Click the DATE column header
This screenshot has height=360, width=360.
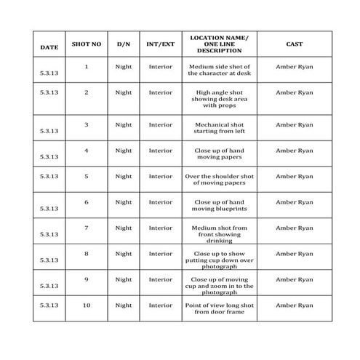click(x=49, y=48)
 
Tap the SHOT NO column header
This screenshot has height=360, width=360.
click(x=87, y=44)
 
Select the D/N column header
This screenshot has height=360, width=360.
click(x=124, y=44)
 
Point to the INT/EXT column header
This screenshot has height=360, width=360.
click(x=161, y=44)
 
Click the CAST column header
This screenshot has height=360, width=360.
click(x=294, y=44)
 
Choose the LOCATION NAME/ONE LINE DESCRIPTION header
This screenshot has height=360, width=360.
click(x=219, y=44)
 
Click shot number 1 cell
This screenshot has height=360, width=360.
click(x=87, y=67)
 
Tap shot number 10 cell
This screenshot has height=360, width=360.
click(x=87, y=305)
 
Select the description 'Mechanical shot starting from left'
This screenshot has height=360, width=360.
click(x=219, y=128)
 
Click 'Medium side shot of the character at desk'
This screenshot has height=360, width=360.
click(x=219, y=70)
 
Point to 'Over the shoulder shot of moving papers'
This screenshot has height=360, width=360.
click(x=219, y=180)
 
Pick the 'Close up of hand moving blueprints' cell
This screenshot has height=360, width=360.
click(x=219, y=206)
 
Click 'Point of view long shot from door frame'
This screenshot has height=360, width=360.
click(x=219, y=308)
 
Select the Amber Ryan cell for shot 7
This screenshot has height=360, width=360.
click(x=294, y=228)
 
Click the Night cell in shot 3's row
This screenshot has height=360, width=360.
click(x=124, y=125)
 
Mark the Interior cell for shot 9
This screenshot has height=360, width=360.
click(x=161, y=279)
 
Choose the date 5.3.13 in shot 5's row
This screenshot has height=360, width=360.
click(x=49, y=177)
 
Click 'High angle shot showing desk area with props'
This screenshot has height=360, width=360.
click(x=219, y=99)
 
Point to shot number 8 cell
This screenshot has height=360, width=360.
click(x=87, y=254)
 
